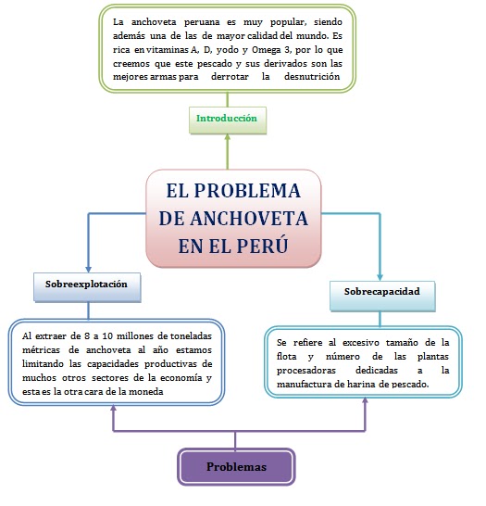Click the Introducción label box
pyautogui.click(x=227, y=119)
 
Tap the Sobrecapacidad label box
pyautogui.click(x=381, y=292)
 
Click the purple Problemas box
pyautogui.click(x=235, y=467)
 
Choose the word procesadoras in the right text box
pyautogui.click(x=305, y=369)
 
